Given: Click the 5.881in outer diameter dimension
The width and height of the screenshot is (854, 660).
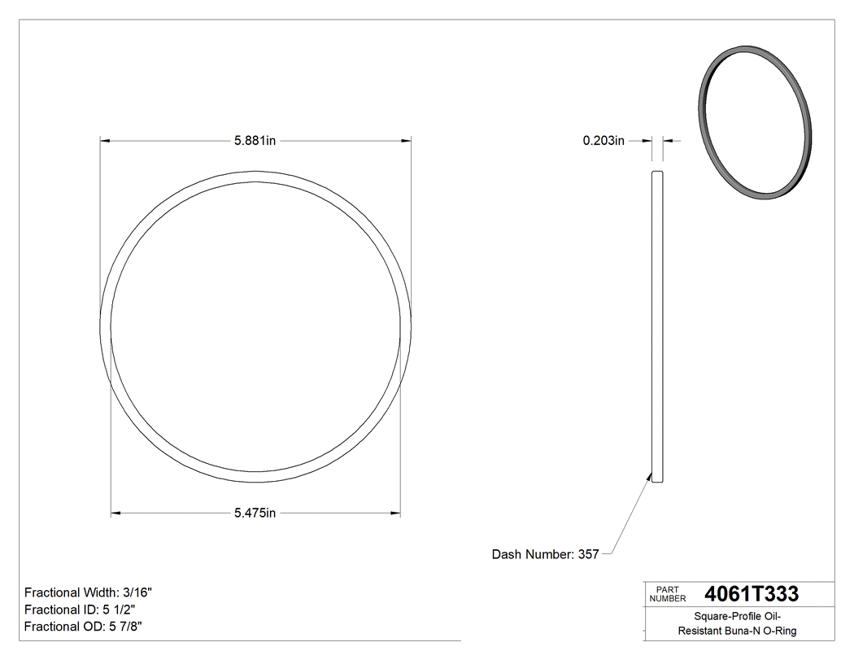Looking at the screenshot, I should click(x=255, y=141).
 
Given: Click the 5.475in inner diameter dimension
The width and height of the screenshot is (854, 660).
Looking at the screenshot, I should click(x=255, y=513).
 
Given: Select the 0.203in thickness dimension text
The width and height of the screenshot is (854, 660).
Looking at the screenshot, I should click(x=603, y=141).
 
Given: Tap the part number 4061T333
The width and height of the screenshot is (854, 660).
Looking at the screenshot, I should click(x=752, y=593).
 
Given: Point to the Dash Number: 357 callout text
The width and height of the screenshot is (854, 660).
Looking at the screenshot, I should click(x=545, y=554).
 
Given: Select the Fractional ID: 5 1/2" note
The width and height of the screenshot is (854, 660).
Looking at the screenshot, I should click(x=80, y=610).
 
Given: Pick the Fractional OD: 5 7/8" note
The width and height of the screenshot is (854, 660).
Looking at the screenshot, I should click(x=85, y=627).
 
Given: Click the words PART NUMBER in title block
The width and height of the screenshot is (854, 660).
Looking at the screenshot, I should click(x=668, y=594).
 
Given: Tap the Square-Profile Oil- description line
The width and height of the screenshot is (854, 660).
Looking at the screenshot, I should click(x=738, y=616).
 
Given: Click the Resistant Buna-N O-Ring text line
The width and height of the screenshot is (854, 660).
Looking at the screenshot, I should click(x=738, y=631).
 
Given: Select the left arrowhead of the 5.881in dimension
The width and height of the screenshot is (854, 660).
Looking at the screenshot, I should click(x=105, y=141).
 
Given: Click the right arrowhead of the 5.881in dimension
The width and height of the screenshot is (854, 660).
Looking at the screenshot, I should click(x=406, y=141).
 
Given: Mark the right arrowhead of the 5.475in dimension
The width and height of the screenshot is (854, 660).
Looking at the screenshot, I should click(x=396, y=513).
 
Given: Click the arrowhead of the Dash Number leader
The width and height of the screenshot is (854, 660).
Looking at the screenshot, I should click(x=650, y=475).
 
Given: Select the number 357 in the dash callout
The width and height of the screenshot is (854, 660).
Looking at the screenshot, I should click(x=588, y=554).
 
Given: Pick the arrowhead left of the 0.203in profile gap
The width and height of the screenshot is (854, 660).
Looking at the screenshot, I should click(x=647, y=141).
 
